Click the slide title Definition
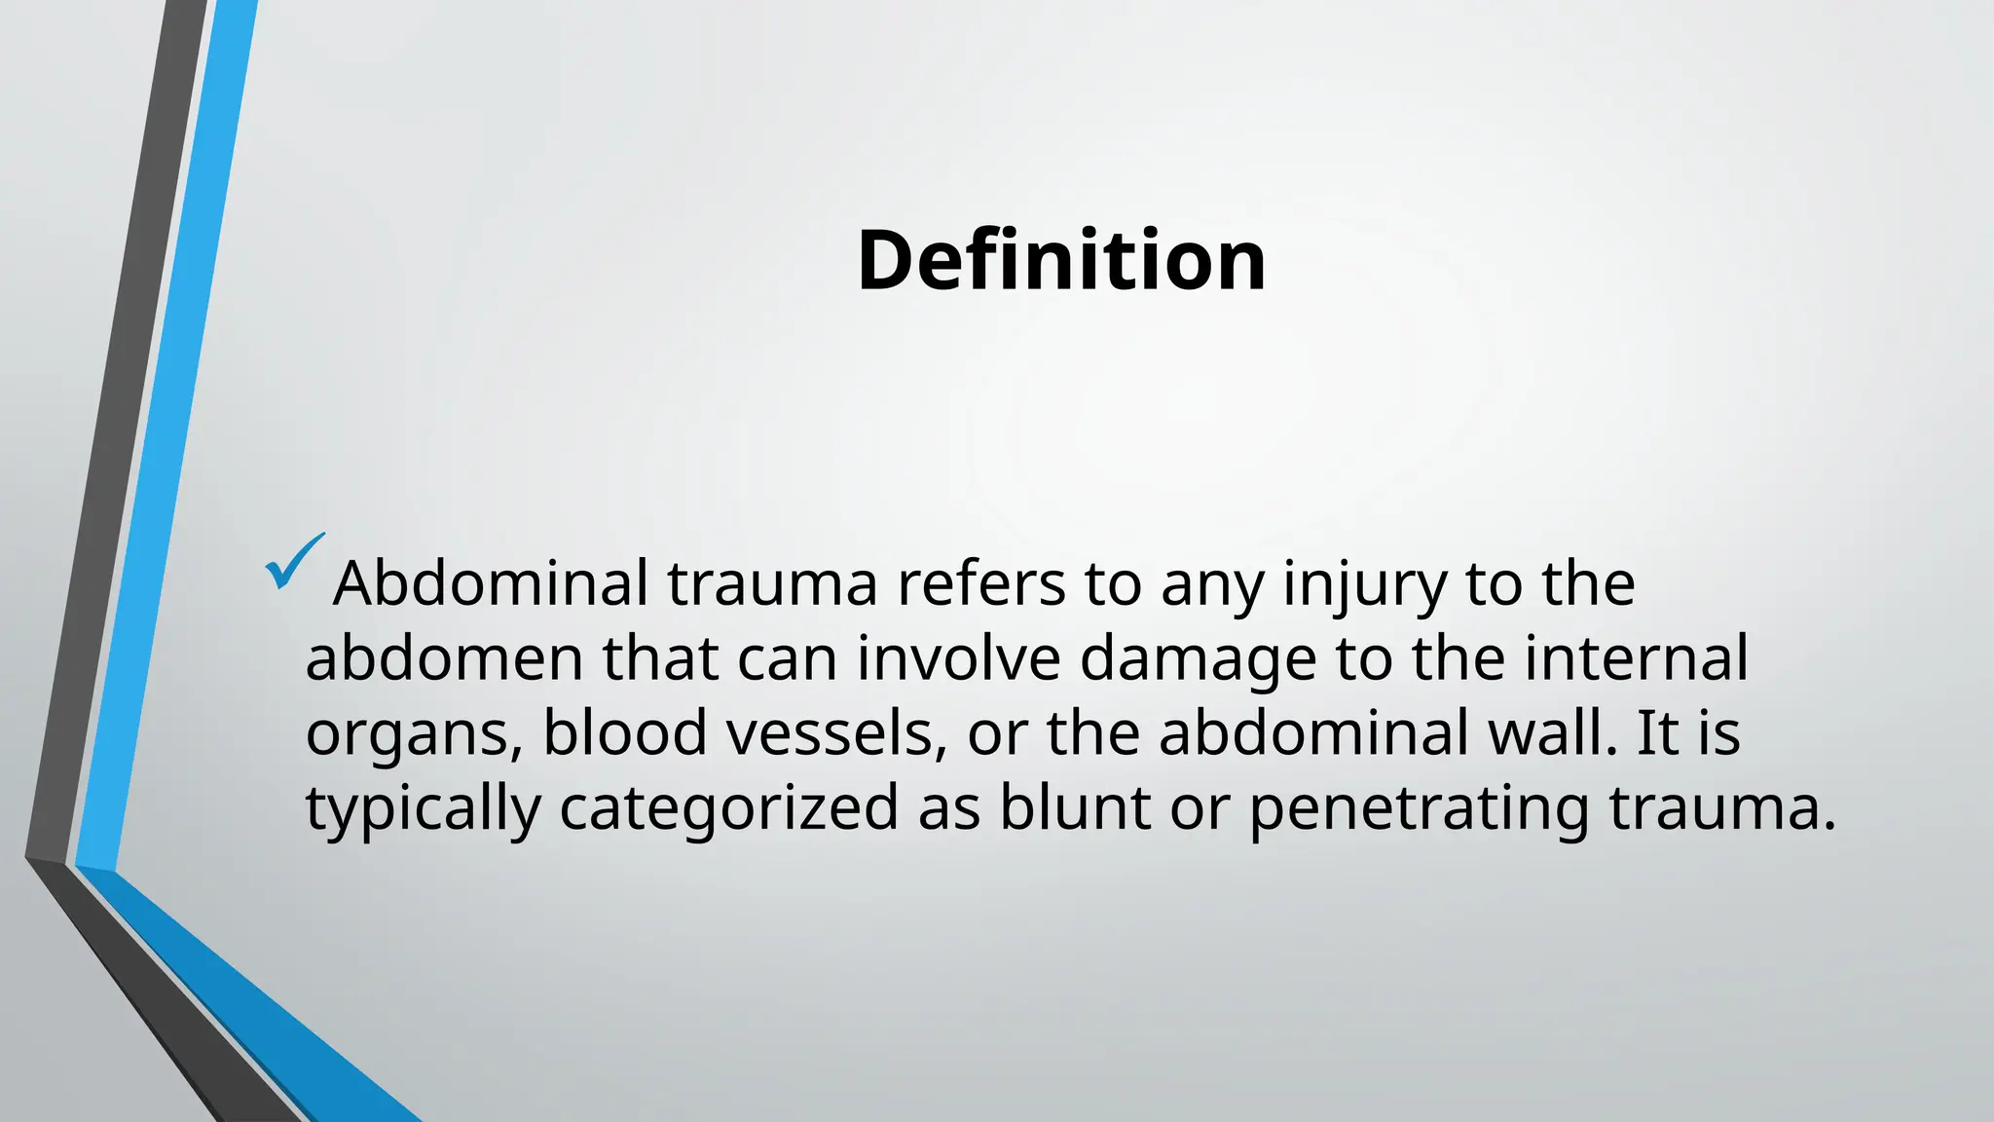[1061, 260]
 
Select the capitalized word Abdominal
[491, 583]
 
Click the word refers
[980, 583]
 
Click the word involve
[958, 658]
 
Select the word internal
[1636, 658]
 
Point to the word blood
[624, 732]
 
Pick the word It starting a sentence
[1657, 732]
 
